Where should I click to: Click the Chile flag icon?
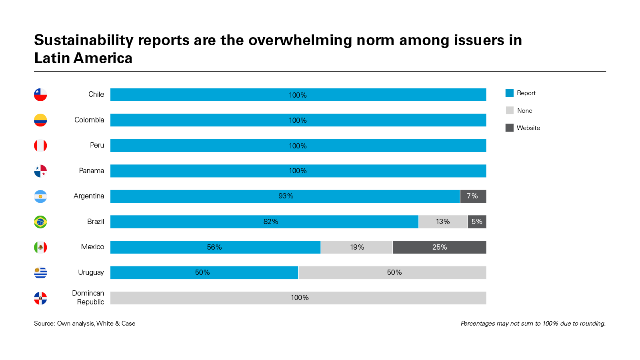coord(40,95)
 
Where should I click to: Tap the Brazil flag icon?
coord(40,222)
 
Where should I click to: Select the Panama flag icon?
coord(40,171)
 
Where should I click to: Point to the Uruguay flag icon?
coord(40,273)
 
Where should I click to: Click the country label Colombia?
coord(89,120)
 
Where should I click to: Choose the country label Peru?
coord(97,145)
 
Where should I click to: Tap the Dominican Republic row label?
coord(88,298)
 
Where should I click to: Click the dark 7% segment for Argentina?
coord(473,196)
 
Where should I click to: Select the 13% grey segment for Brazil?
coord(443,222)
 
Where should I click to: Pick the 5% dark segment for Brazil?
coord(477,222)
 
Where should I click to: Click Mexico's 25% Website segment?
coord(440,247)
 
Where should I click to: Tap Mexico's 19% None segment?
coord(357,247)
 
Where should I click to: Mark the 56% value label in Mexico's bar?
coord(214,247)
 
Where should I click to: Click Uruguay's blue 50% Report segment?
coord(204,272)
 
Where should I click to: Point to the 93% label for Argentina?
coord(286,196)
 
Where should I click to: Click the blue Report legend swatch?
coord(510,93)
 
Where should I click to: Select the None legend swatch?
coord(510,110)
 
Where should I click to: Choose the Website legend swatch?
coord(510,128)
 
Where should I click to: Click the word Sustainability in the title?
coord(84,40)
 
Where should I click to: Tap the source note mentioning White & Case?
coord(85,323)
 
